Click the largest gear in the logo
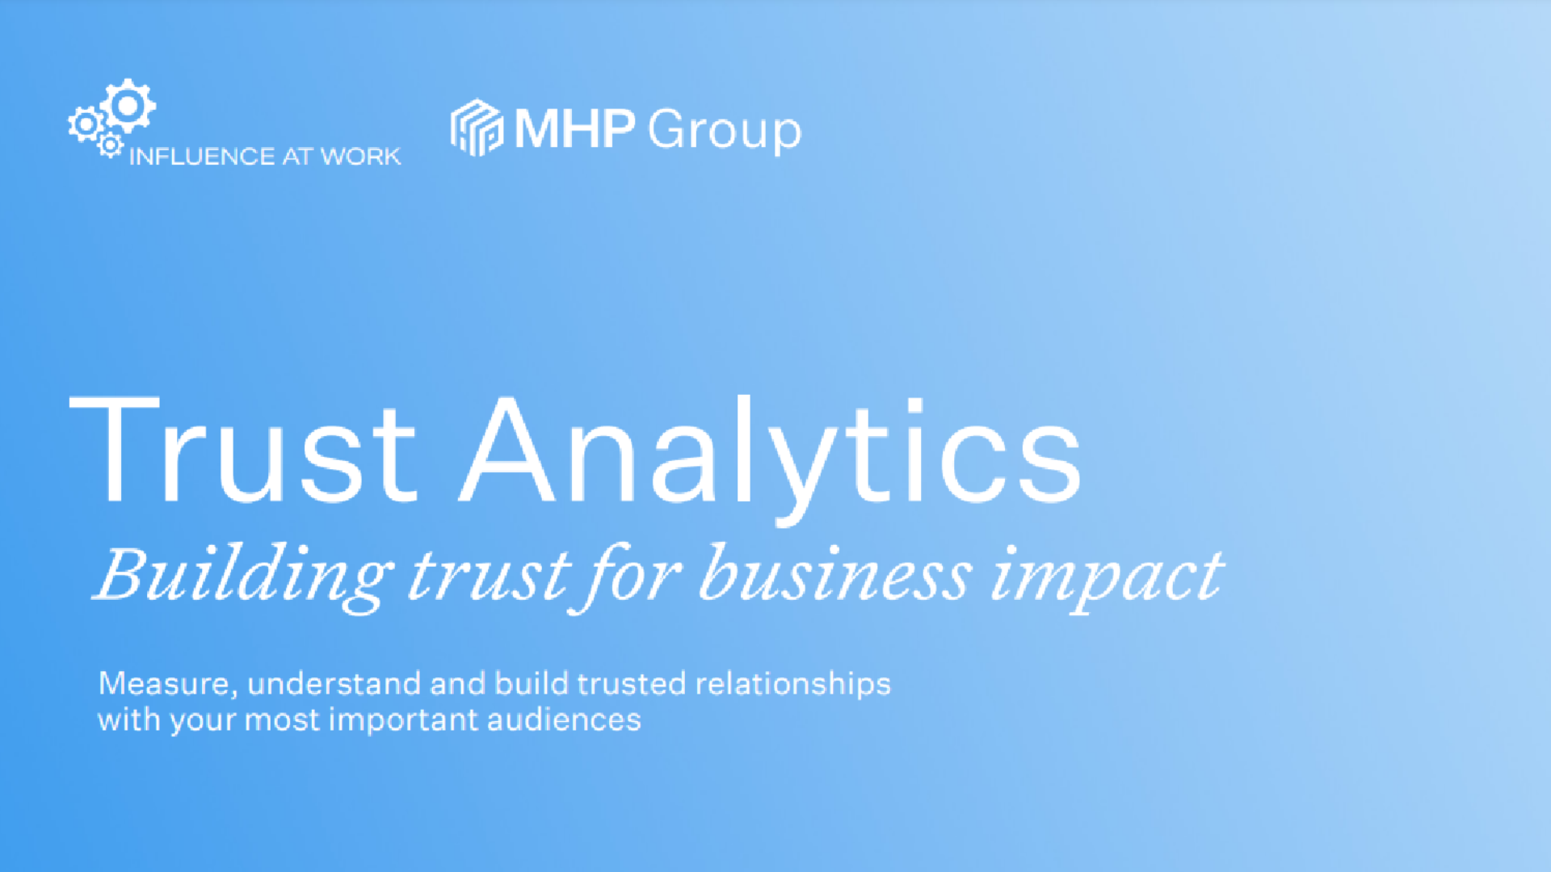(x=128, y=106)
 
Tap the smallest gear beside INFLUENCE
(x=110, y=145)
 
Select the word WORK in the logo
(x=360, y=157)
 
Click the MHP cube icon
(x=477, y=128)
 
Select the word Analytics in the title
(x=771, y=452)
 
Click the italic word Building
(x=242, y=575)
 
